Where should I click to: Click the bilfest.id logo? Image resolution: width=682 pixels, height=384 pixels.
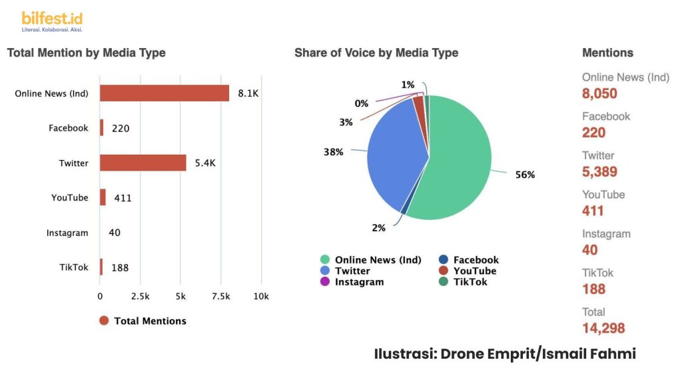(x=52, y=21)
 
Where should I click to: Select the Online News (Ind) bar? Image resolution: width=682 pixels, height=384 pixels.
(x=165, y=93)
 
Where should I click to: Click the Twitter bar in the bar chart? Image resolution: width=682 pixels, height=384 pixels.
(x=143, y=163)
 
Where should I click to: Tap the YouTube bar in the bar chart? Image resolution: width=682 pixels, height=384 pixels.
(x=103, y=197)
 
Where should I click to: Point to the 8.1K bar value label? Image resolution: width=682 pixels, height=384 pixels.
(x=248, y=93)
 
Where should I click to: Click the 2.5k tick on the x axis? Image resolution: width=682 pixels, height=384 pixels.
(x=140, y=296)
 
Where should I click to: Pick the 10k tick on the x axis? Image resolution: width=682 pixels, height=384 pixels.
(x=261, y=296)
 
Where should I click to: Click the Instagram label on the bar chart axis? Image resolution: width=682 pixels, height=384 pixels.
(x=67, y=233)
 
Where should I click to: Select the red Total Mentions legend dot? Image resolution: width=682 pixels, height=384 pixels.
(x=104, y=321)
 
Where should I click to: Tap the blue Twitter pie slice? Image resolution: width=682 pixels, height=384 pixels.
(x=393, y=153)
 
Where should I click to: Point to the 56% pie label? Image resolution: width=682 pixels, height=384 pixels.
(x=525, y=175)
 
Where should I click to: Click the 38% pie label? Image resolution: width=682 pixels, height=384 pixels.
(x=334, y=152)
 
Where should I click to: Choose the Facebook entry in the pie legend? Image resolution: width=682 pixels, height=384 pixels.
(x=476, y=260)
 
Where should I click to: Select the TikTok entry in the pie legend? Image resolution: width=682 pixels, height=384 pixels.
(x=470, y=281)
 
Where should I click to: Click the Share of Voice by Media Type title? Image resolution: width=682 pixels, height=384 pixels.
(x=376, y=53)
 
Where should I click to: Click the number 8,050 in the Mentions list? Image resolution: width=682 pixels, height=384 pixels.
(x=599, y=93)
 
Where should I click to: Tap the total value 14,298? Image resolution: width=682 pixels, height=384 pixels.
(x=603, y=328)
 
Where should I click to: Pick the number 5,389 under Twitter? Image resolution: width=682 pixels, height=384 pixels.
(x=599, y=171)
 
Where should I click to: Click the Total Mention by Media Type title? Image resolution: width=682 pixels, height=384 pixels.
(x=87, y=53)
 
